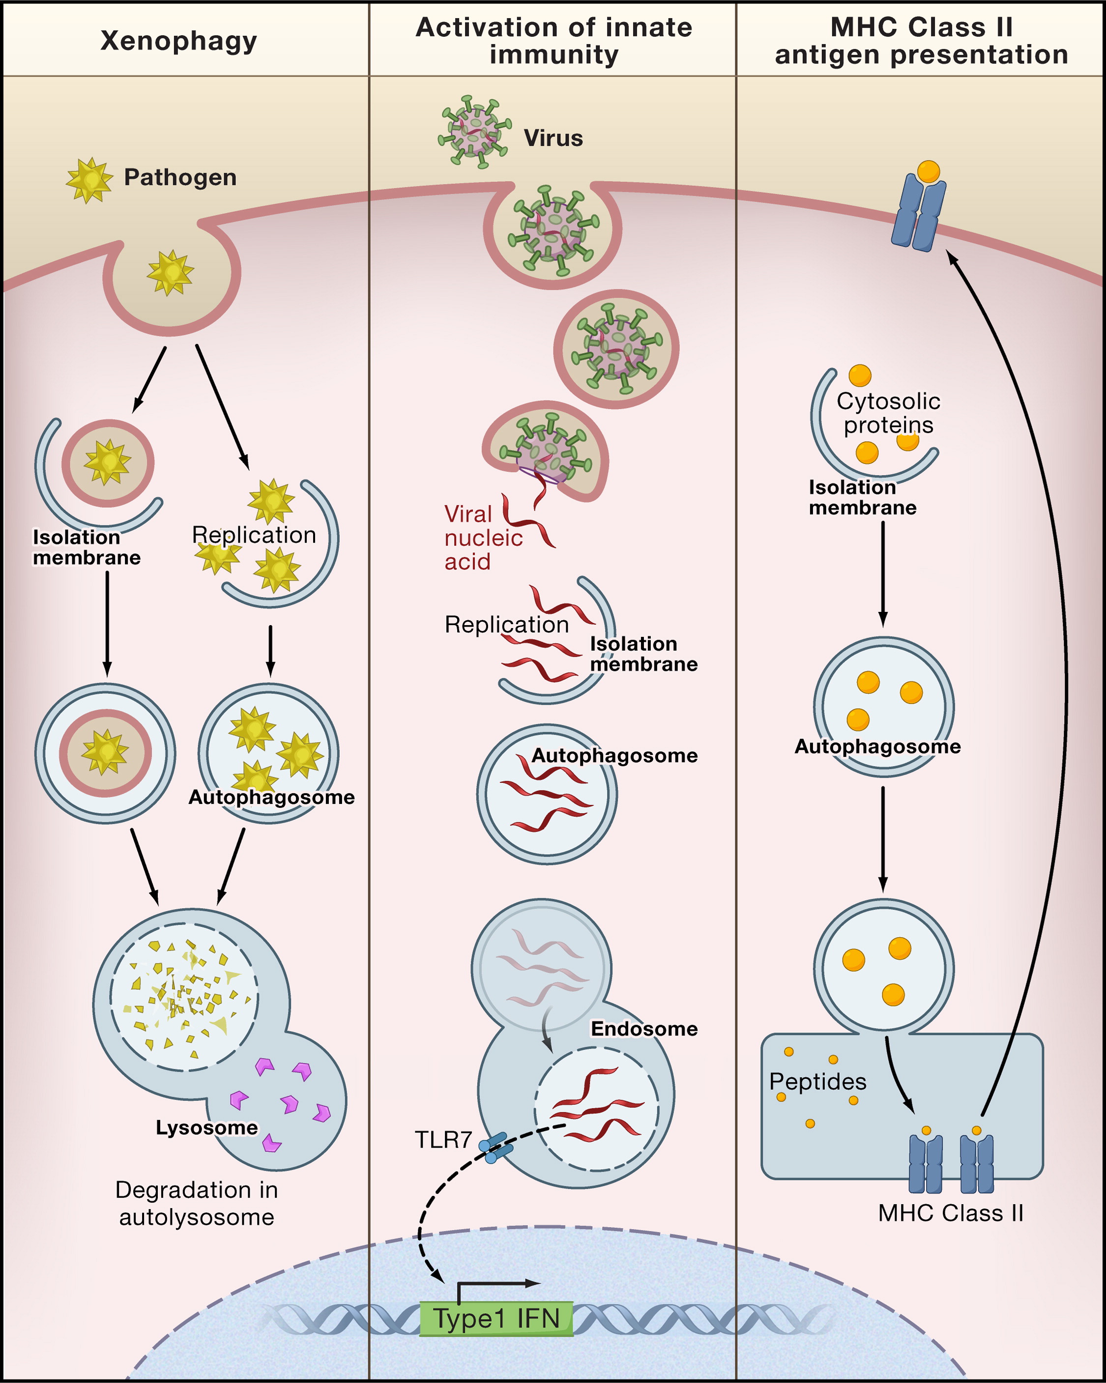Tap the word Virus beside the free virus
[x=553, y=139]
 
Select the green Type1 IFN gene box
[x=496, y=1319]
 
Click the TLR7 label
[x=443, y=1139]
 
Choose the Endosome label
[x=643, y=1029]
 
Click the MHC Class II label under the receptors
[x=950, y=1213]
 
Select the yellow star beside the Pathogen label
[x=89, y=180]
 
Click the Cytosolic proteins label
[x=888, y=413]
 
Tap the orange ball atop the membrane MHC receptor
[x=928, y=172]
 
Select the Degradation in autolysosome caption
[x=196, y=1204]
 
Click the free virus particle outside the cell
[x=475, y=132]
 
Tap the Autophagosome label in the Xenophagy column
[x=271, y=797]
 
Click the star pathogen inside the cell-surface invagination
[x=170, y=273]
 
